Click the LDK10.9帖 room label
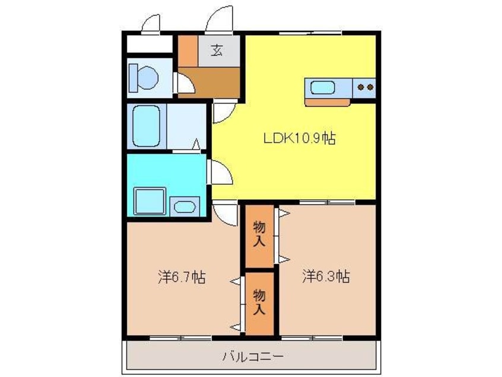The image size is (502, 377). click(x=299, y=139)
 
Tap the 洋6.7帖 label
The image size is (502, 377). click(x=181, y=277)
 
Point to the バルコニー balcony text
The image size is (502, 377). click(x=252, y=357)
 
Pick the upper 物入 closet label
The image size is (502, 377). click(x=259, y=234)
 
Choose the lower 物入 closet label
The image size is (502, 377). click(x=259, y=301)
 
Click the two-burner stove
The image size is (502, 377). click(x=364, y=88)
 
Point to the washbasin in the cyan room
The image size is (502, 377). click(x=185, y=207)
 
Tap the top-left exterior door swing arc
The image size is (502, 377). click(x=152, y=20)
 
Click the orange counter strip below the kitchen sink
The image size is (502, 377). click(x=328, y=102)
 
